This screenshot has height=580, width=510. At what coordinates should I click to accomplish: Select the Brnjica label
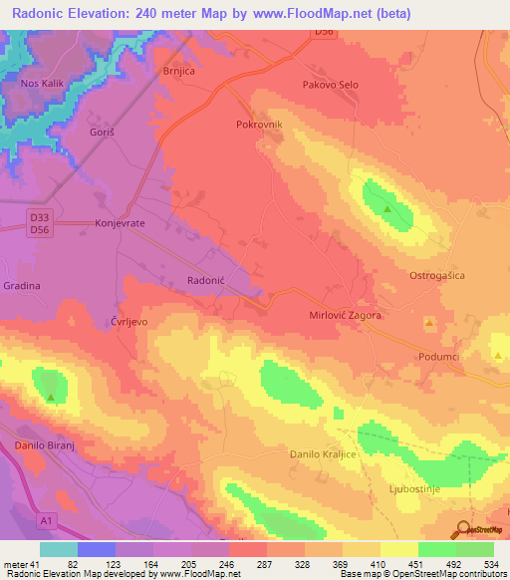pyautogui.click(x=180, y=72)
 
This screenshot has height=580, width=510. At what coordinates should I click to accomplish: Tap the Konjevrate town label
pyautogui.click(x=120, y=224)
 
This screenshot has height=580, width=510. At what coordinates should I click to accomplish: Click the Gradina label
pyautogui.click(x=21, y=285)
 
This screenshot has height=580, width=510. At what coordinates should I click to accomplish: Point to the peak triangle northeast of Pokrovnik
pyautogui.click(x=387, y=209)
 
